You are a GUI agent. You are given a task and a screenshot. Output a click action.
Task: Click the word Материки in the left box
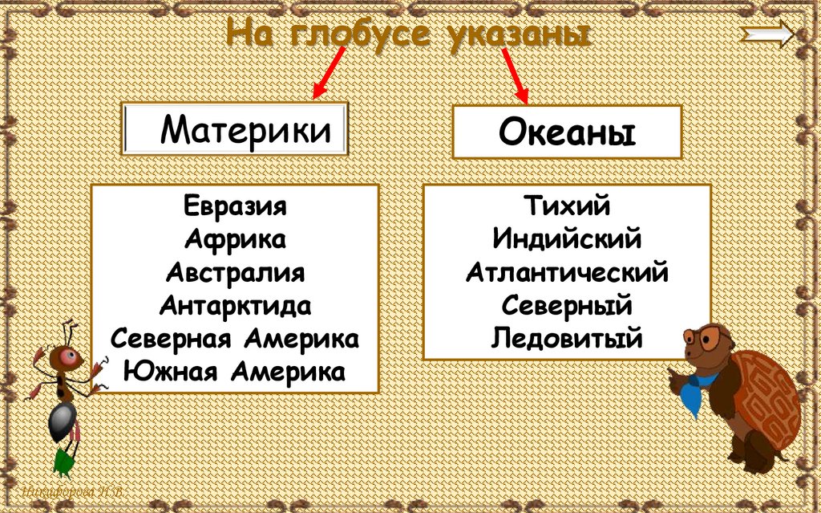[x=245, y=129]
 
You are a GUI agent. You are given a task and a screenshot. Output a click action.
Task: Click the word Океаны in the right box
[x=567, y=132]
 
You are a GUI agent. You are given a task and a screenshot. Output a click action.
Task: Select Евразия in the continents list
[x=235, y=206]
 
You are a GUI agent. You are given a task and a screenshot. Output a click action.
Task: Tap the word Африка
[x=235, y=238]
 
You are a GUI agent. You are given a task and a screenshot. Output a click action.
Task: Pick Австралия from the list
[x=235, y=272]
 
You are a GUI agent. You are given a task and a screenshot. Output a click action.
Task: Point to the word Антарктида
[x=235, y=305]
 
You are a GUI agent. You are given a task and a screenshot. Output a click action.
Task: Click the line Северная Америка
[x=235, y=338]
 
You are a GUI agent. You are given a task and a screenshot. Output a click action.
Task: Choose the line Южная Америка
[x=235, y=372]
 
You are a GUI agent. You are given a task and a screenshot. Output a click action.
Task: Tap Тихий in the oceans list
[x=567, y=206]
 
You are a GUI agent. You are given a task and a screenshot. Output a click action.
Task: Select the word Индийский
[x=567, y=238]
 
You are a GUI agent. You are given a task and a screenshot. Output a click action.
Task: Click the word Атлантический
[x=567, y=272]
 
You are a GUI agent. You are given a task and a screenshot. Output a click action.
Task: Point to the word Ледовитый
[x=567, y=338]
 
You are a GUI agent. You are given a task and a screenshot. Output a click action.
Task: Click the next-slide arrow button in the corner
[x=769, y=35]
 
